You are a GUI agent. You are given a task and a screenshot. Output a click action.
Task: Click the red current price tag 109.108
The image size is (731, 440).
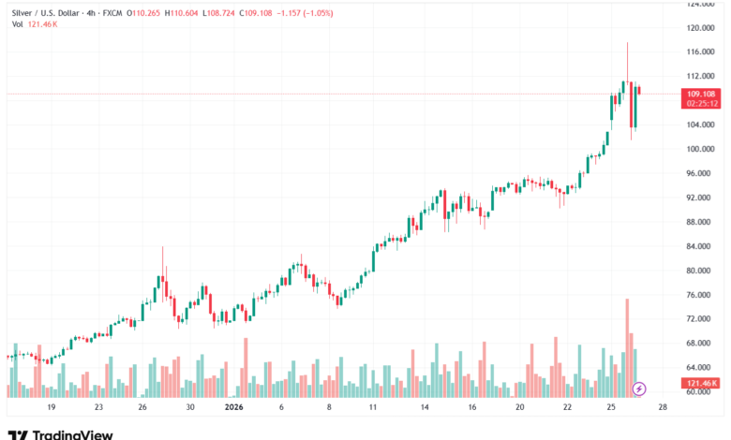pyautogui.click(x=701, y=94)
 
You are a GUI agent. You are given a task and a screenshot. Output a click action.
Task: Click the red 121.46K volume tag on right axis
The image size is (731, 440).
pyautogui.click(x=701, y=384)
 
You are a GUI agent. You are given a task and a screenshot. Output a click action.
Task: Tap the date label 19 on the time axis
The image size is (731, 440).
pyautogui.click(x=51, y=408)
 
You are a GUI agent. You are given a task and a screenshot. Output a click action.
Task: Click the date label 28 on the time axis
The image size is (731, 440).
pyautogui.click(x=663, y=408)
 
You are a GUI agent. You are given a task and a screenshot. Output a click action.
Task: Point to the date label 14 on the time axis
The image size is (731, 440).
pyautogui.click(x=424, y=408)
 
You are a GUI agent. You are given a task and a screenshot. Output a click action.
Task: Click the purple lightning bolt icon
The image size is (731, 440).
pyautogui.click(x=640, y=388)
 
